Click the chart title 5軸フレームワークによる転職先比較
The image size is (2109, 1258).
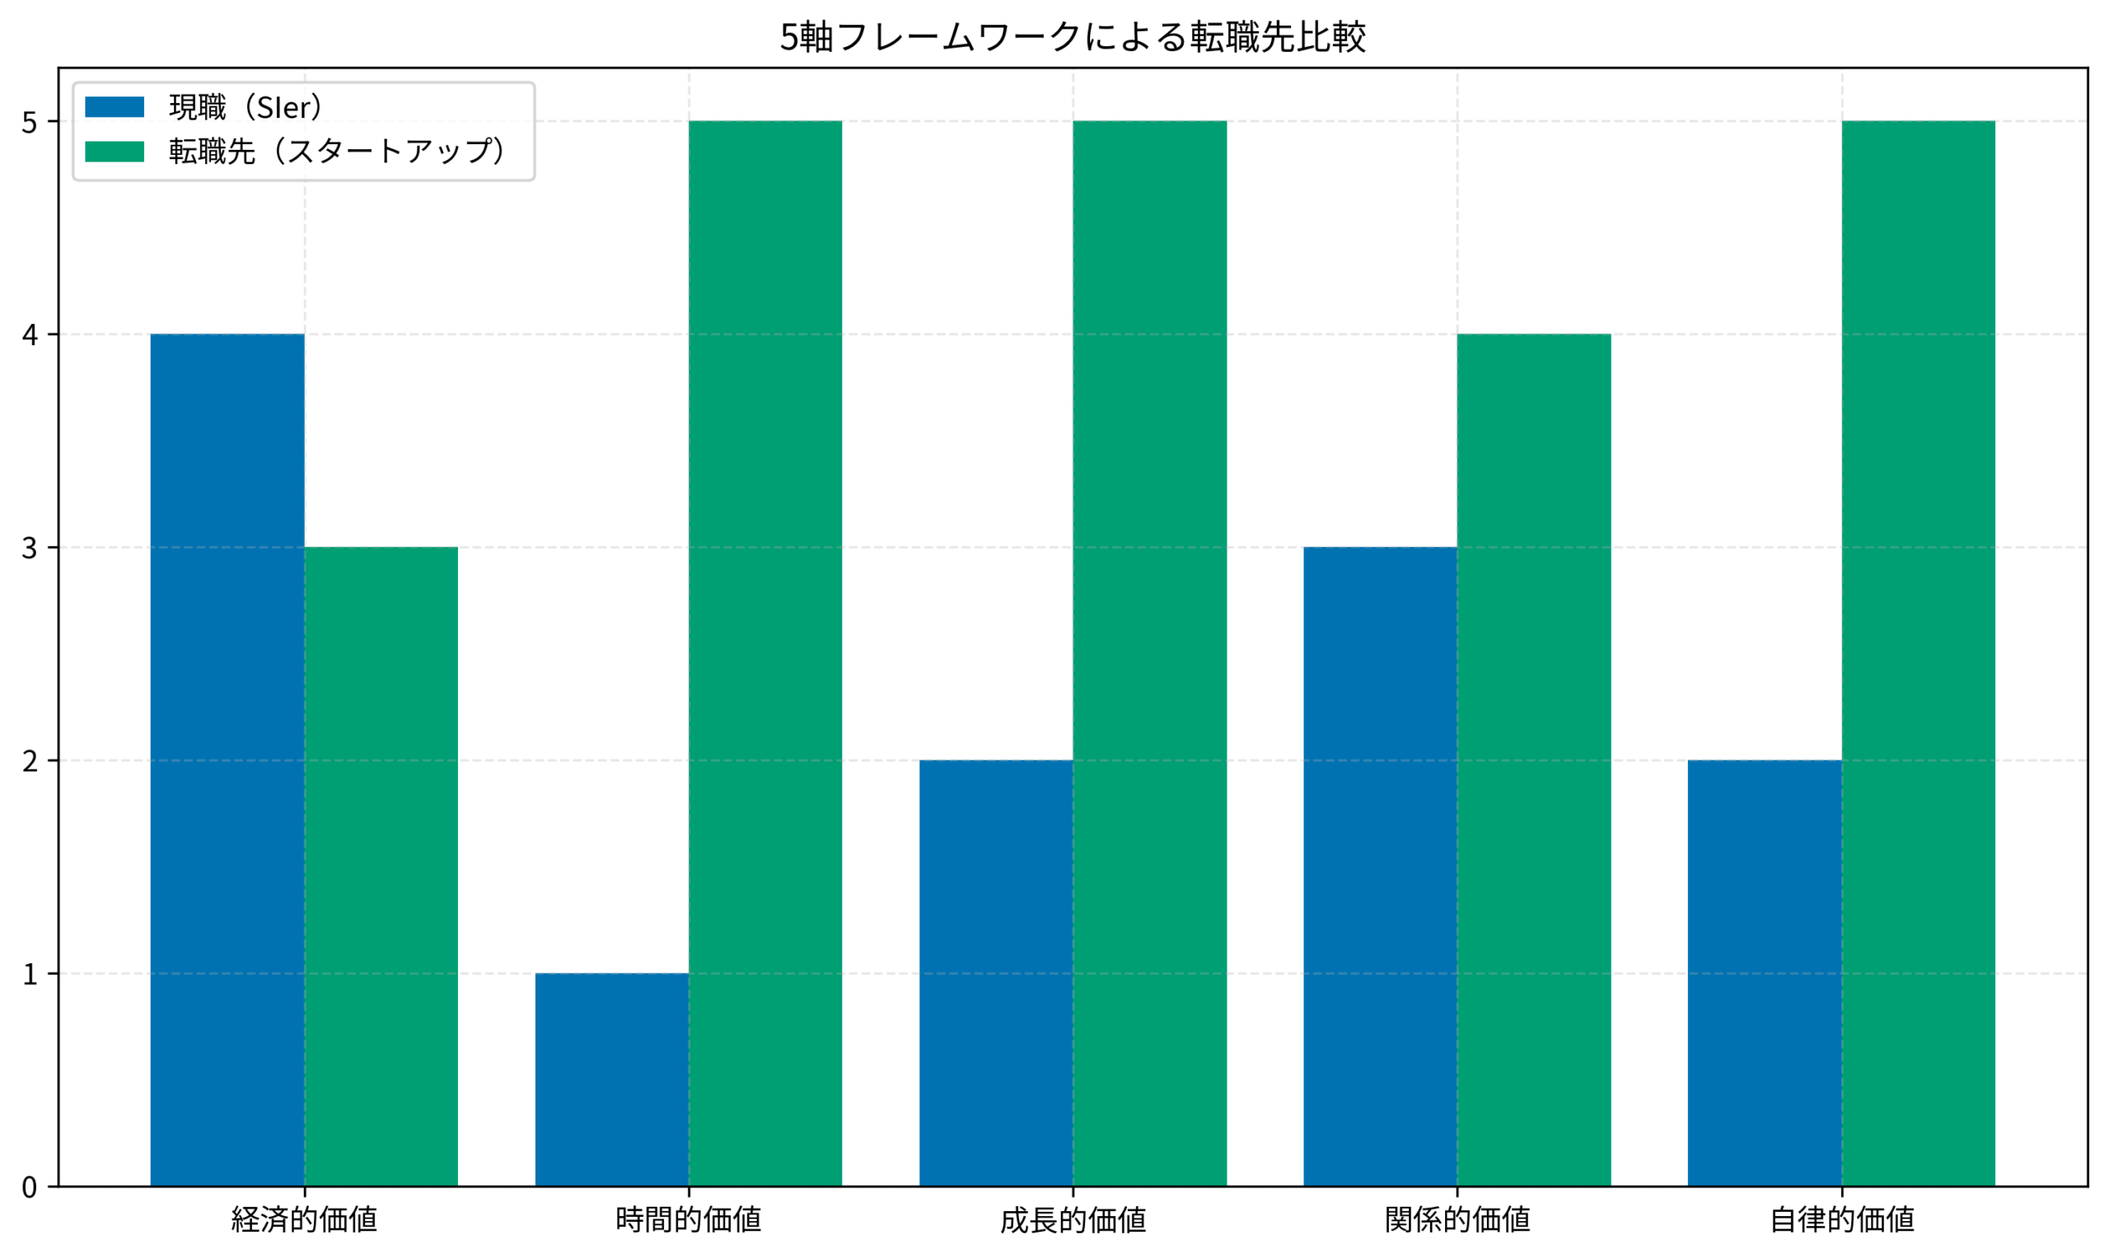tap(1073, 37)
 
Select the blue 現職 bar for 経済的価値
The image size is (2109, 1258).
tap(227, 760)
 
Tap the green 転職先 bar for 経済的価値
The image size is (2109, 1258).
tap(381, 867)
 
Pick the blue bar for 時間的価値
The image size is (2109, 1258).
tap(611, 1079)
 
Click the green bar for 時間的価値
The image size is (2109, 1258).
tap(765, 653)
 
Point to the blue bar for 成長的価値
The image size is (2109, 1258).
tap(996, 973)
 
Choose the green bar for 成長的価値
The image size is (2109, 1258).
tap(1149, 653)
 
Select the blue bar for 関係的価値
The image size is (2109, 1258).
tap(1380, 867)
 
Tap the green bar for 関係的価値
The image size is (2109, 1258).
tap(1533, 760)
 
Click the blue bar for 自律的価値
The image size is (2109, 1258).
tap(1764, 973)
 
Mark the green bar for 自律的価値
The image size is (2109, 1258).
tap(1918, 653)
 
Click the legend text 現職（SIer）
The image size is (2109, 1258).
tap(246, 108)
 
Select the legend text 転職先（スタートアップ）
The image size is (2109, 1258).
tap(338, 152)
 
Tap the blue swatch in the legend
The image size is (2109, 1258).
tap(115, 108)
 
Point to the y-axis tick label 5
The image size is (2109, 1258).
tap(30, 123)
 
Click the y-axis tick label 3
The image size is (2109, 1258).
tap(30, 549)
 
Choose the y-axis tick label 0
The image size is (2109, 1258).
tap(30, 1188)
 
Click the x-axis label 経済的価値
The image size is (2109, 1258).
tap(304, 1220)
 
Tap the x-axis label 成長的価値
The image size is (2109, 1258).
tap(1073, 1220)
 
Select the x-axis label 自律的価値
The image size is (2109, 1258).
tap(1841, 1220)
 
